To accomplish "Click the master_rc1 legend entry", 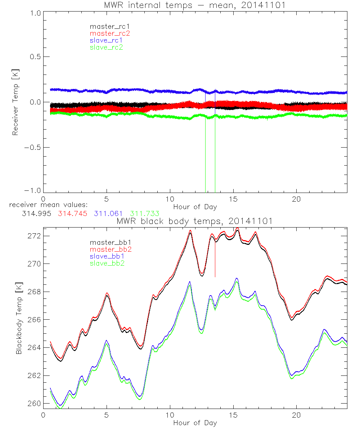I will (x=107, y=27).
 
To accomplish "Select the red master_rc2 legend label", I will (x=109, y=33).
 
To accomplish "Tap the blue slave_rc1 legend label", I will (x=106, y=40).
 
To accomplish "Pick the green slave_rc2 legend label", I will (x=106, y=47).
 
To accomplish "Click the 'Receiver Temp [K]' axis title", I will (x=15, y=103).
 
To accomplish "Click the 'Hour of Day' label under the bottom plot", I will (x=195, y=423).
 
